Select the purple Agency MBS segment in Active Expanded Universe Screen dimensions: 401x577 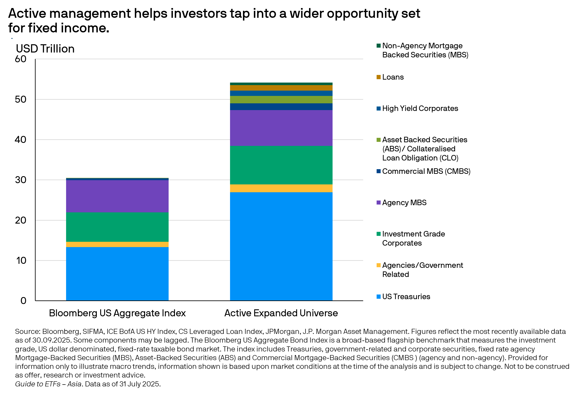(x=281, y=128)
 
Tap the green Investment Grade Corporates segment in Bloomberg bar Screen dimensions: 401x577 (x=117, y=227)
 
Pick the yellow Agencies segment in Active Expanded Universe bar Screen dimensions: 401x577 (x=281, y=188)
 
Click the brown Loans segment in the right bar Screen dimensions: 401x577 (x=281, y=88)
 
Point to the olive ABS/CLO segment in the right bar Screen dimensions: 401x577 (x=281, y=100)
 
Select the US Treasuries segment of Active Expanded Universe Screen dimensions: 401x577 (x=281, y=246)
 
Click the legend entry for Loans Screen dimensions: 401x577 (x=393, y=77)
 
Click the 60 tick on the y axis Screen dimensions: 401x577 (x=21, y=59)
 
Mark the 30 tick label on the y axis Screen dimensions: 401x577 (x=21, y=180)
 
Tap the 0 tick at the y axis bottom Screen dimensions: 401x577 (x=23, y=300)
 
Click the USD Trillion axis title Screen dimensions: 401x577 (x=45, y=48)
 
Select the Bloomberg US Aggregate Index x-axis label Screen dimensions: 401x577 (x=117, y=313)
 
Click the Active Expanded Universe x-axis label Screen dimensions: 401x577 (x=281, y=313)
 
